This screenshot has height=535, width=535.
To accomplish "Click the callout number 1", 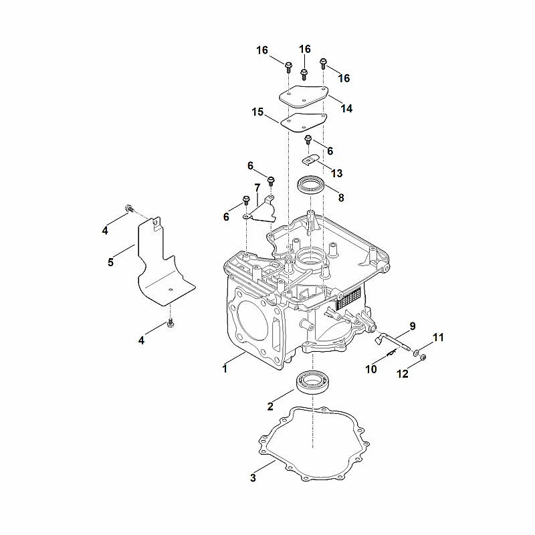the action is pos(225,369).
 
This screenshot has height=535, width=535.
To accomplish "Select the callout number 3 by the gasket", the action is pos(253,477).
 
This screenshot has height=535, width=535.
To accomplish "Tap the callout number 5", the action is pos(110,262).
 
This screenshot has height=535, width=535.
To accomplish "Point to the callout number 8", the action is pos(341,197).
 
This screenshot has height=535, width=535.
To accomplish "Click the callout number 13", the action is pos(337,173).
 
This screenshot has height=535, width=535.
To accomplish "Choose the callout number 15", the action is pos(257,112).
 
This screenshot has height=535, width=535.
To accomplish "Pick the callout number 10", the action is pos(371,369).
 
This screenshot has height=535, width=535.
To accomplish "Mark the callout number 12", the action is pos(403,374).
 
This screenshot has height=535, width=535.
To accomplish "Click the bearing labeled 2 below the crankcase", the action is pos(312,383).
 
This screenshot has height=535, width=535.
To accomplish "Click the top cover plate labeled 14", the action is pos(304,97).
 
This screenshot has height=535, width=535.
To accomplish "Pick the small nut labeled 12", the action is pos(423,358).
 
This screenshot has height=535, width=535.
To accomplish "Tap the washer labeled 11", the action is pos(416,352).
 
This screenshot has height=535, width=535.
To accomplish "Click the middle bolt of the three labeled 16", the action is pos(304,74).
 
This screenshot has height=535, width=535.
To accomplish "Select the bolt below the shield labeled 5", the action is pos(171,323).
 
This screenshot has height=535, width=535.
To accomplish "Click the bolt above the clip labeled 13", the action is pos(308,139).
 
